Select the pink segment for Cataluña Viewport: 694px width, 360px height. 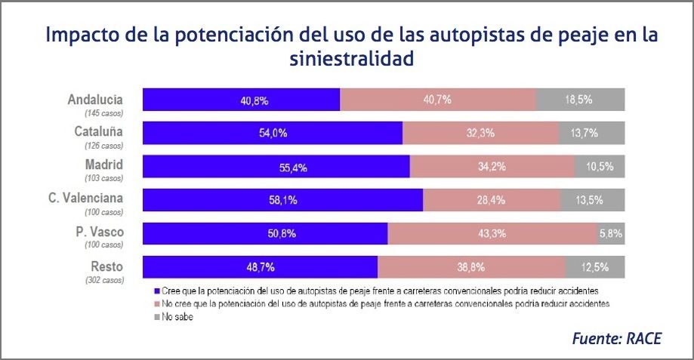click(x=480, y=133)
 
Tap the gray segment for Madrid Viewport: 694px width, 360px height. click(x=600, y=167)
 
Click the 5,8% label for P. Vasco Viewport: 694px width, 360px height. click(x=610, y=234)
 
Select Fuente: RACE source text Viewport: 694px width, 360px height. click(x=616, y=338)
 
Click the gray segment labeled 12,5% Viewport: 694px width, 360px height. click(x=595, y=267)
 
